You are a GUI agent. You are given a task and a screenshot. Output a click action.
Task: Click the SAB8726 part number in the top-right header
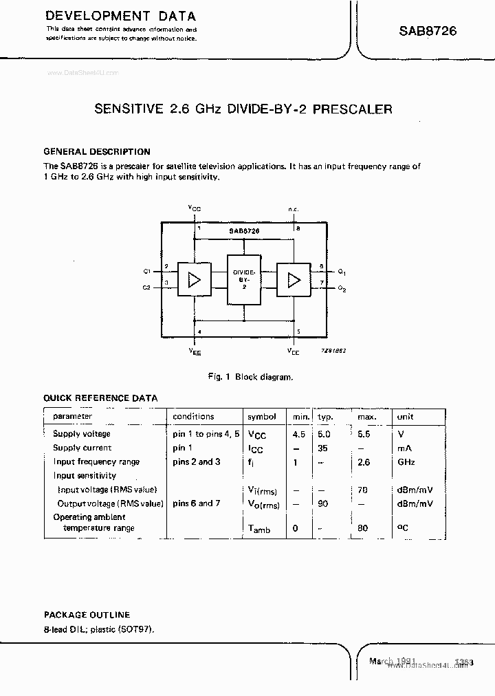[x=428, y=31]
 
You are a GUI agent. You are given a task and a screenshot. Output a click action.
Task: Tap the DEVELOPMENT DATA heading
[x=121, y=15]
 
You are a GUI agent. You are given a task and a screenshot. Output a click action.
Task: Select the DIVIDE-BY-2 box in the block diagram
[x=244, y=279]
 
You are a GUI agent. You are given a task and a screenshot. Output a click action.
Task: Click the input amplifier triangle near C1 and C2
[x=195, y=279]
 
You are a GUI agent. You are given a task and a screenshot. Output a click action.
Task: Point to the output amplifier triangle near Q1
[x=294, y=279]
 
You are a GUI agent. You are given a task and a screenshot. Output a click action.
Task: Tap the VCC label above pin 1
[x=195, y=207]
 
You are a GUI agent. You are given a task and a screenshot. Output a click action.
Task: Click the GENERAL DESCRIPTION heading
[x=97, y=151]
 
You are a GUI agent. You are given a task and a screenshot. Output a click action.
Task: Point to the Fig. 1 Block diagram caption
[x=250, y=377]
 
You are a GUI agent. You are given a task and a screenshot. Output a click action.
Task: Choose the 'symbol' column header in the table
[x=262, y=417]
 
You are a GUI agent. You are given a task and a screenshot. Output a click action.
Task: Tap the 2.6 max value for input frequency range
[x=363, y=462]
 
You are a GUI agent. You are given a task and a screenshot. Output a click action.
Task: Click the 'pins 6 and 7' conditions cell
[x=197, y=503]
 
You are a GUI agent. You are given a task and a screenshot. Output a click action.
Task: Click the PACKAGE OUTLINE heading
[x=87, y=615]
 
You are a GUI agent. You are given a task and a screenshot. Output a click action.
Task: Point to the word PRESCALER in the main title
[x=353, y=109]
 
